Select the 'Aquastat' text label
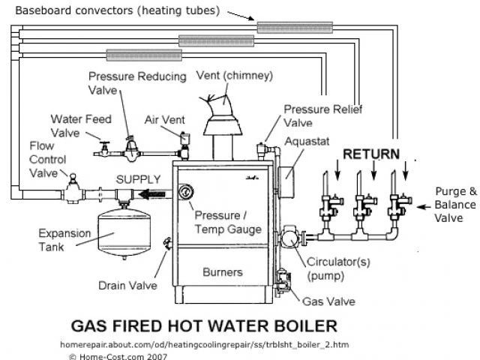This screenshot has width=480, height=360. (x=305, y=140)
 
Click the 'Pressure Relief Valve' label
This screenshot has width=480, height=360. (x=323, y=116)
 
